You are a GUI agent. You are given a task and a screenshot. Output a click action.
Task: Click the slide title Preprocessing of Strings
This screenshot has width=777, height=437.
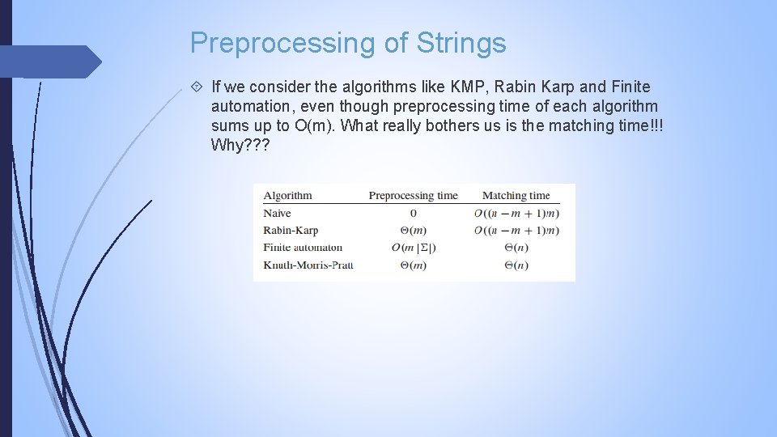[348, 43]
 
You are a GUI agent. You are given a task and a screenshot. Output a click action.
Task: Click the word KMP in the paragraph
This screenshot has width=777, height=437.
[467, 87]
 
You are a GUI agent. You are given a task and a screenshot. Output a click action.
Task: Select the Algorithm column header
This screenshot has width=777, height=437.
[287, 195]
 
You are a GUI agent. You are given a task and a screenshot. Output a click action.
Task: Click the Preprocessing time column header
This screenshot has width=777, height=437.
[413, 195]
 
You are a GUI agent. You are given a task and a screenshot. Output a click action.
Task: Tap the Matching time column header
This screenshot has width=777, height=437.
[516, 195]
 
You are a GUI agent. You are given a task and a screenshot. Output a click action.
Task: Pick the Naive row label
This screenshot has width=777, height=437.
[277, 214]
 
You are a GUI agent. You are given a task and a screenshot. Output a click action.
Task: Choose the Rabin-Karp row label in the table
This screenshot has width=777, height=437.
[291, 231]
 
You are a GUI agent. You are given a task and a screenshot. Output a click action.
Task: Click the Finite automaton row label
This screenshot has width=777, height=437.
[303, 248]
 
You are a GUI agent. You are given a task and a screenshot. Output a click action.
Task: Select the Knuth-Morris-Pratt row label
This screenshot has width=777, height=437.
[308, 265]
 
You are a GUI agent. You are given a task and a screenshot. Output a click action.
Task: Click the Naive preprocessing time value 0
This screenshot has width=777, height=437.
[413, 214]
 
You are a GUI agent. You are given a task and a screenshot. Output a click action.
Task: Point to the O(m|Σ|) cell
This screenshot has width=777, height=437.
[413, 248]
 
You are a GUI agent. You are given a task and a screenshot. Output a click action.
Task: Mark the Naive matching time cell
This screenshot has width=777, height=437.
[516, 214]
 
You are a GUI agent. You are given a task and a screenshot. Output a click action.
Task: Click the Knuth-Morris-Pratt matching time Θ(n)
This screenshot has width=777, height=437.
[516, 265]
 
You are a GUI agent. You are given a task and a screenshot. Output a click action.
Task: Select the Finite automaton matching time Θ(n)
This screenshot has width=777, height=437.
[516, 248]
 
